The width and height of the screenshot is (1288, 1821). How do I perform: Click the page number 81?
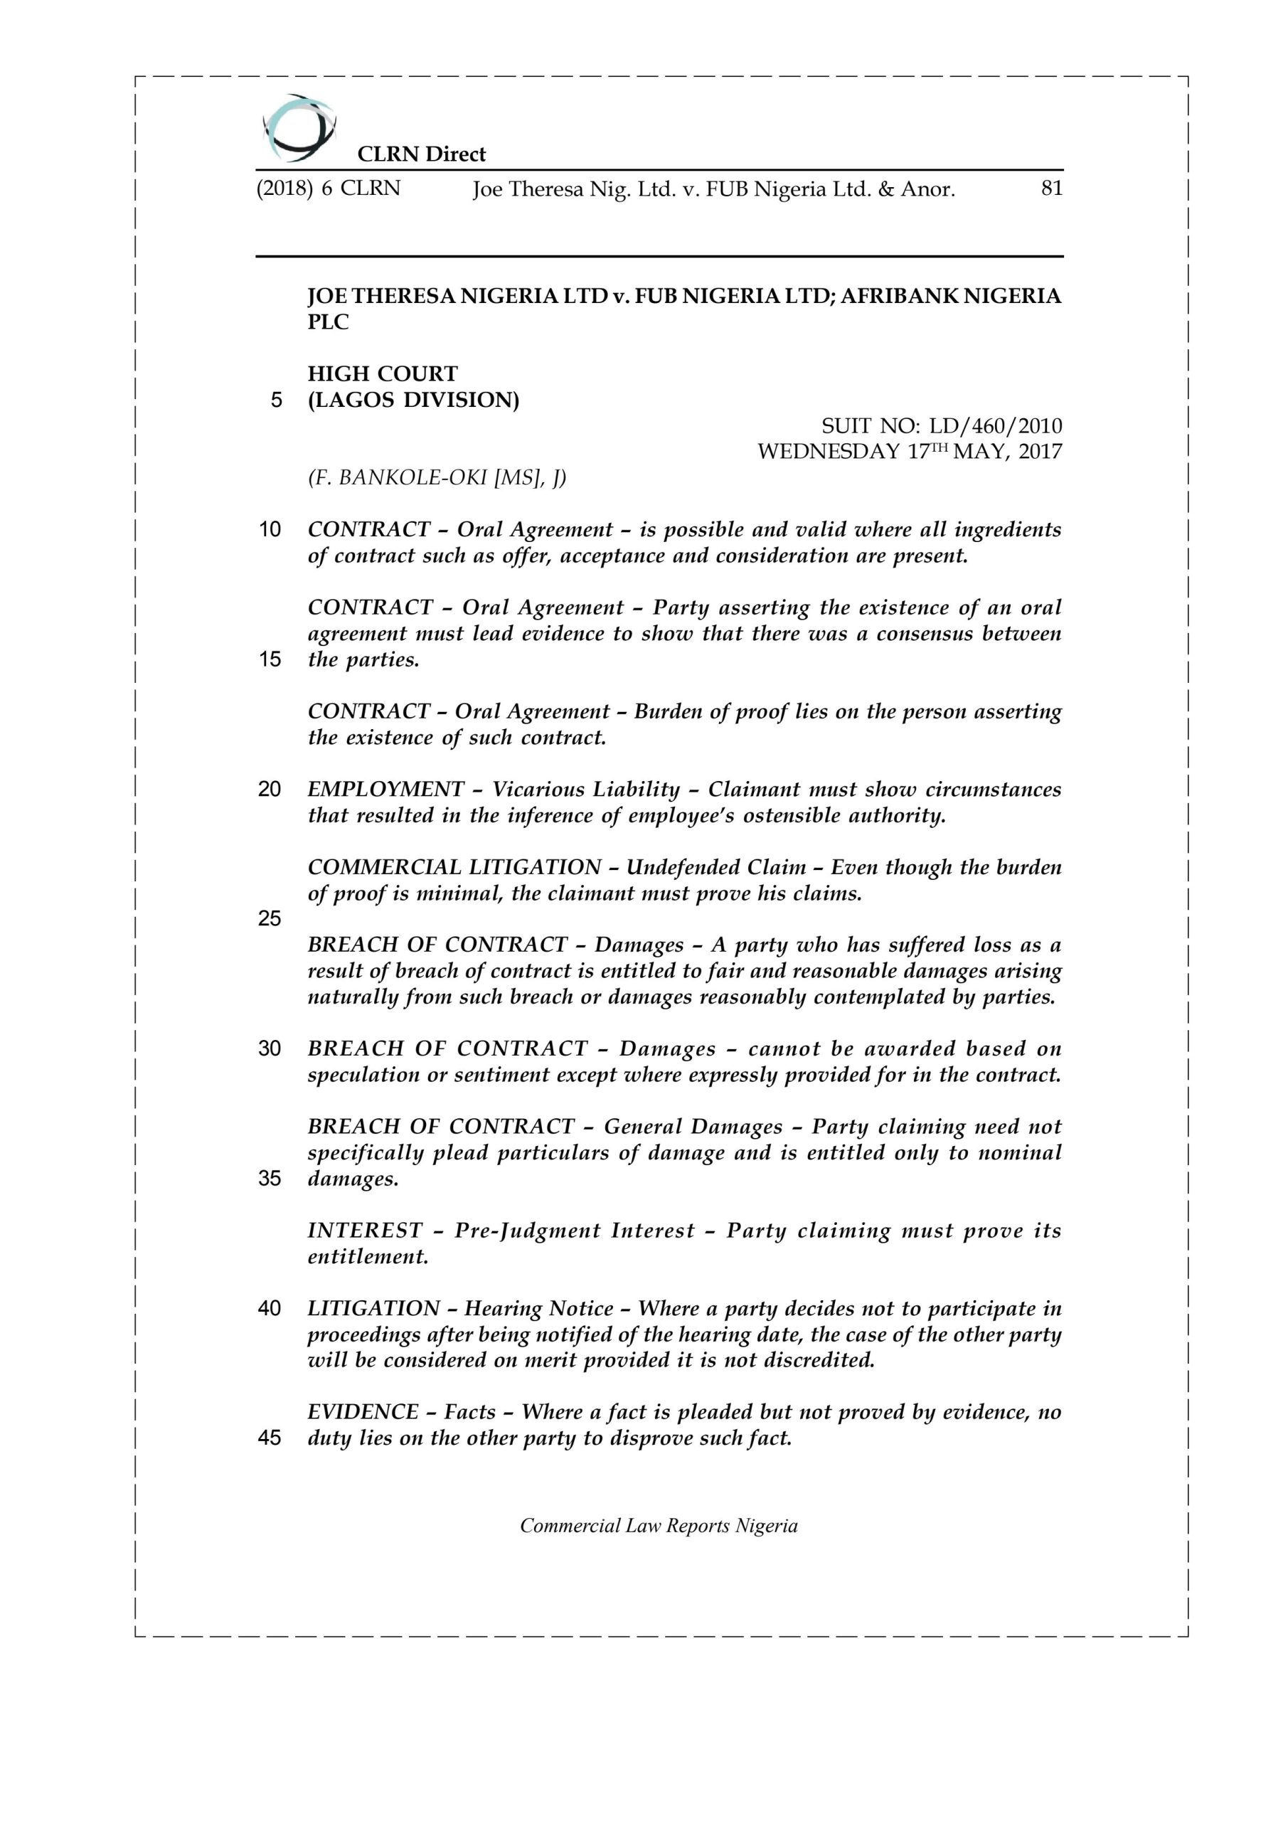coord(1051,189)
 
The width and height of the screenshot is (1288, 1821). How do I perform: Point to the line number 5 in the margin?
coord(276,400)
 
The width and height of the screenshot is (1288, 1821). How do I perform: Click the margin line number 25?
coord(270,918)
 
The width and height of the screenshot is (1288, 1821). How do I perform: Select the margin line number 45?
coord(270,1438)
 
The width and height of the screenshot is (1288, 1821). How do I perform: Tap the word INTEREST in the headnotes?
coord(365,1231)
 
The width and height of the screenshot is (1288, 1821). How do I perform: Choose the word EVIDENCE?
coord(363,1413)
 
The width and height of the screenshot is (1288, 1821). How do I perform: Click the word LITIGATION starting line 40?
coord(373,1309)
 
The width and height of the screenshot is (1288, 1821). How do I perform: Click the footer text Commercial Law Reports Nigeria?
coord(659,1526)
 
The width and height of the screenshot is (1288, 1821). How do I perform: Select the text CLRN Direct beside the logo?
coord(421,154)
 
